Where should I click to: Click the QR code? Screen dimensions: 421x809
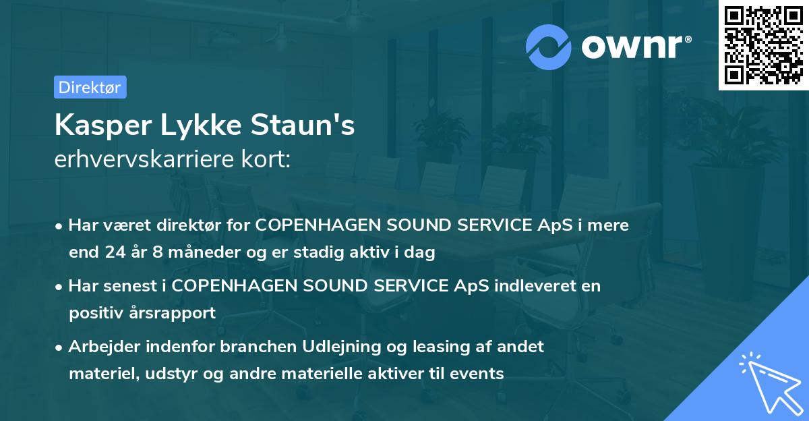point(763,45)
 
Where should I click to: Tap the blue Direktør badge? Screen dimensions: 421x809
point(90,87)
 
